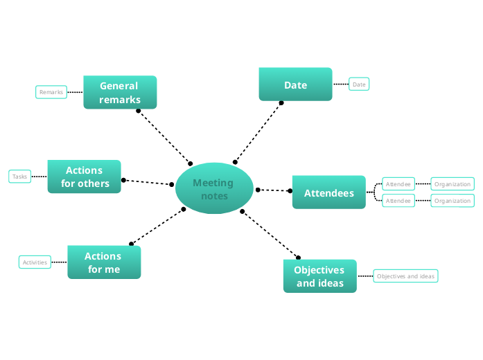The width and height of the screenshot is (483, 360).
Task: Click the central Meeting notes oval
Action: point(213,188)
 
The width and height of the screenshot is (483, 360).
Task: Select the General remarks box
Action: point(120,92)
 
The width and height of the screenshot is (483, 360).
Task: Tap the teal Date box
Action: point(295,84)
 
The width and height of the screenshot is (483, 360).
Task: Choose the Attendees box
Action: point(328,193)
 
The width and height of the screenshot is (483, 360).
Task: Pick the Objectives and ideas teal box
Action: point(319,276)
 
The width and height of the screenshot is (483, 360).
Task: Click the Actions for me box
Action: point(103,262)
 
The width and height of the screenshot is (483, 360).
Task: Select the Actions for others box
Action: point(85,177)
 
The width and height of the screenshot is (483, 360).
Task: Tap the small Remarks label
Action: point(51,92)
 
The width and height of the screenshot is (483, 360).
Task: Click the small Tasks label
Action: point(20,177)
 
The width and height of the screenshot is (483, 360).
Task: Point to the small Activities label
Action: point(35,262)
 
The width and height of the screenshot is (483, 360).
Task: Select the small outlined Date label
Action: point(359,84)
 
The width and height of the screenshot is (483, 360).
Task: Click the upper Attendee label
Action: point(398,184)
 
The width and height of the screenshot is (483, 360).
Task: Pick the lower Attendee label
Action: point(398,201)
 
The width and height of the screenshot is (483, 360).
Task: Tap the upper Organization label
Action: point(453,184)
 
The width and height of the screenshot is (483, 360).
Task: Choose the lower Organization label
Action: point(453,201)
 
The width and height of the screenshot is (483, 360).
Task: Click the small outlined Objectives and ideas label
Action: point(406,276)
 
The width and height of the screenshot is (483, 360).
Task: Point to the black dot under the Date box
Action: point(281,103)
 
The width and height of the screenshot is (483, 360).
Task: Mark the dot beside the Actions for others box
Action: point(123,180)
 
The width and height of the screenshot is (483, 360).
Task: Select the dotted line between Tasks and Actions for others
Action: point(39,177)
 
